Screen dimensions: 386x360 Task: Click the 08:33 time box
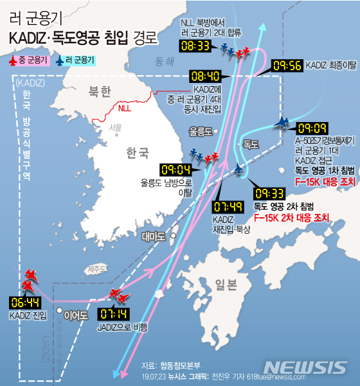196,46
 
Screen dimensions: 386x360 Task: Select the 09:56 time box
287,66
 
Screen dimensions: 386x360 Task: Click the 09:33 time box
270,193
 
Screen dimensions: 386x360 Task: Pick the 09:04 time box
175,170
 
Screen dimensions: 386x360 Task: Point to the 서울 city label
115,127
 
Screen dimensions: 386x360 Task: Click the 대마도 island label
152,236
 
